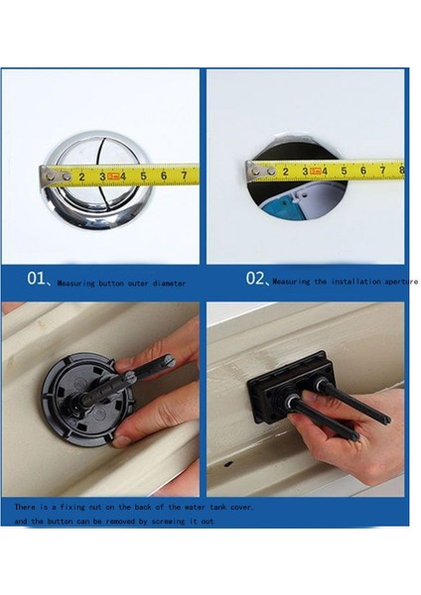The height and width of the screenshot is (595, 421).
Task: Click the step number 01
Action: point(37,279)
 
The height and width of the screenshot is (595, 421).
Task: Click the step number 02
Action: point(256,279)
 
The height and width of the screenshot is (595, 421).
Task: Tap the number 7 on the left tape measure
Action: point(184,176)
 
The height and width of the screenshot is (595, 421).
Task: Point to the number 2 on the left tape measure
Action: point(80,177)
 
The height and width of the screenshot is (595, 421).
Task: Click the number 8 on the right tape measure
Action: point(400,170)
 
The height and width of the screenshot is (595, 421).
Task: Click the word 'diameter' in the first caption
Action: point(168,284)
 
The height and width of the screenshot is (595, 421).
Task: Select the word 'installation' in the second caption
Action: point(343,282)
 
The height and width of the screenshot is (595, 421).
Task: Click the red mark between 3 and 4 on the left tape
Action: point(113,177)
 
